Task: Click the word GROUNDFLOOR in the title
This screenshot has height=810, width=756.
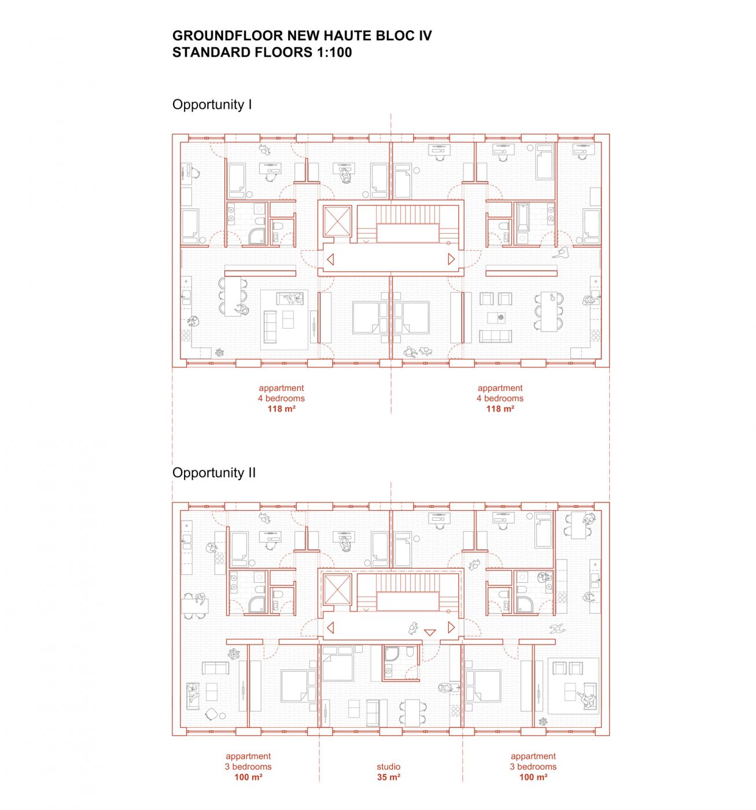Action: [x=227, y=35]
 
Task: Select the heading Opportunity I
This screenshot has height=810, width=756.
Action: [x=212, y=104]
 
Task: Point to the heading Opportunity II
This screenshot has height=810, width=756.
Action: [x=213, y=473]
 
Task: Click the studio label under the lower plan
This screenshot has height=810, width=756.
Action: [x=388, y=767]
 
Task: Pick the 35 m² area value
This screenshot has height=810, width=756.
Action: [x=388, y=777]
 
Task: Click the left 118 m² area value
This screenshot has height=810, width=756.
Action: [x=281, y=408]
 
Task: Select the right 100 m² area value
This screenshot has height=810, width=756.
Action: [x=533, y=777]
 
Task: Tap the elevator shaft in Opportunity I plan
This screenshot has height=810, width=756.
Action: [x=337, y=221]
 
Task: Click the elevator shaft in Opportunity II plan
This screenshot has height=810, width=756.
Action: [x=337, y=590]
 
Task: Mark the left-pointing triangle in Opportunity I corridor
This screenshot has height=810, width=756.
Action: [x=330, y=259]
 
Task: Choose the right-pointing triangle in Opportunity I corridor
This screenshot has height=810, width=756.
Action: [x=451, y=259]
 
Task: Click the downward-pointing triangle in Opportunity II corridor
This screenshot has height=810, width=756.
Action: [x=430, y=632]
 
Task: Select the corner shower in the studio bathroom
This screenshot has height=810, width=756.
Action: [x=391, y=654]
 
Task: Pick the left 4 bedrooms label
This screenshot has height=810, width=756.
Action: [x=281, y=398]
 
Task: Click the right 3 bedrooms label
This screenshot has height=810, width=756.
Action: [x=533, y=767]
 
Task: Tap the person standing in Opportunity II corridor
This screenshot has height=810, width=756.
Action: [x=414, y=628]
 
